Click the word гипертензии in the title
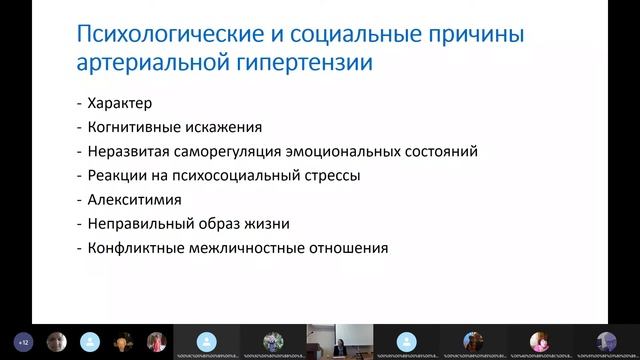(310, 65)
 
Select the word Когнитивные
(135, 127)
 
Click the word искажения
(225, 127)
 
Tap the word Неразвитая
(129, 152)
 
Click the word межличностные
(244, 248)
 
